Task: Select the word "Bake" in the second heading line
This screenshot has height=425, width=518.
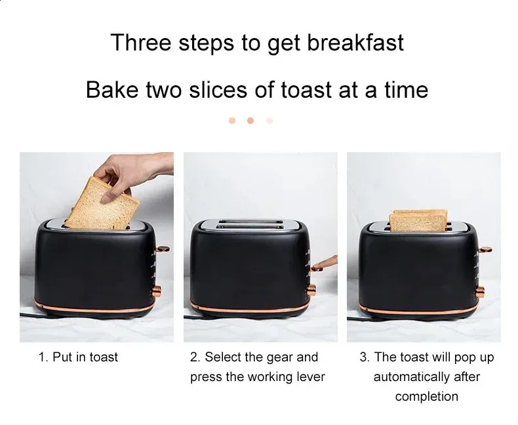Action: pos(112,90)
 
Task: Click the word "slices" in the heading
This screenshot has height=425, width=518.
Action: pos(218,90)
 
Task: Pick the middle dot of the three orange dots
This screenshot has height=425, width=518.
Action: pos(250,121)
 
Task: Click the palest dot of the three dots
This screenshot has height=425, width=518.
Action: pos(269,121)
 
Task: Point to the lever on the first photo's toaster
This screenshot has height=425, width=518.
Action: pos(163,249)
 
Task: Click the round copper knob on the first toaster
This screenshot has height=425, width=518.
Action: pos(157,291)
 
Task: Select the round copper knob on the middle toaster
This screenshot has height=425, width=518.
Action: pos(311,290)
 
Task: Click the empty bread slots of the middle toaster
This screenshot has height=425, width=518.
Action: pos(250,224)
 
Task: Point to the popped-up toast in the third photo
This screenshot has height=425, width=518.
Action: pos(418,220)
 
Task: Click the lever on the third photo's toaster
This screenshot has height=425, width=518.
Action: pos(485,250)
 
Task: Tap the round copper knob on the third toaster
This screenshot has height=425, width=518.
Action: pos(480,292)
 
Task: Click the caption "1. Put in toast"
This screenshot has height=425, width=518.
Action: pos(78,357)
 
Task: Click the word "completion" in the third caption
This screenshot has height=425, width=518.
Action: pos(426,397)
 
